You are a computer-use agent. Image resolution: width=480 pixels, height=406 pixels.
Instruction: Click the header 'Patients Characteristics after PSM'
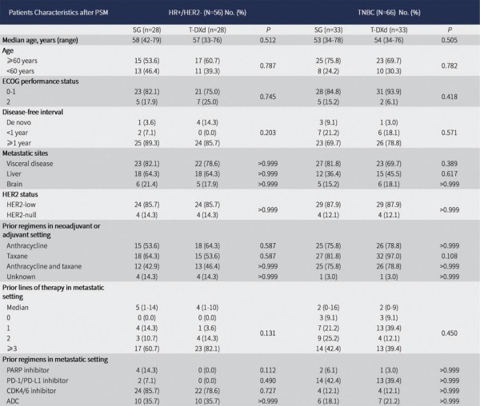(58, 13)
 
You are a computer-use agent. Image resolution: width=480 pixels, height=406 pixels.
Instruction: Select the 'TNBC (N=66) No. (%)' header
(389, 13)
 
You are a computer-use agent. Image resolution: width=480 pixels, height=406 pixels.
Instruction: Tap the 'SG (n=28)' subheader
(146, 30)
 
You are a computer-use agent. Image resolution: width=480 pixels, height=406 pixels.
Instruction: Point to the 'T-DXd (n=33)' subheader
(389, 30)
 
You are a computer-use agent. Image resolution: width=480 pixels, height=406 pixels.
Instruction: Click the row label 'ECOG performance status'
(41, 82)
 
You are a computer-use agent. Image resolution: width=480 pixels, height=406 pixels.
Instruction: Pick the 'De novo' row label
(18, 122)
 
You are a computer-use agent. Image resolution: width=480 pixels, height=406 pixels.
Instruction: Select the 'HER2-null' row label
(21, 215)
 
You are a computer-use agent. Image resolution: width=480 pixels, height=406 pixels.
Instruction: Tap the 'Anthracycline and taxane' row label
(44, 266)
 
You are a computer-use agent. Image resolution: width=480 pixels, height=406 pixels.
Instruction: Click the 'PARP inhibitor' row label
(28, 370)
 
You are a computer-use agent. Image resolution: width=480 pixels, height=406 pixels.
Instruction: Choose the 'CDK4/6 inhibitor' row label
(31, 391)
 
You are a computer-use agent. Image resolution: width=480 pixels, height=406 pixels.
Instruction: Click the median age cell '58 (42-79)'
(146, 40)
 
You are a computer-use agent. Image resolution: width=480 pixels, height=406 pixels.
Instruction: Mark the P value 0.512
(268, 40)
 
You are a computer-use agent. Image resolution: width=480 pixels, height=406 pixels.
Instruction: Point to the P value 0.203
(268, 133)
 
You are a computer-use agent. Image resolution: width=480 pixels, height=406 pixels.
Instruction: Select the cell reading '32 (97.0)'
(389, 257)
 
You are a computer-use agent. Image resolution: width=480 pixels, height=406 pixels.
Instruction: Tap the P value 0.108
(450, 257)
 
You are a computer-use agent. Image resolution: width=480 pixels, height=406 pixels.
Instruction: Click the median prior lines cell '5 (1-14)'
(146, 308)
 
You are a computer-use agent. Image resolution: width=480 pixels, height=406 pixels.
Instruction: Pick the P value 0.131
(268, 333)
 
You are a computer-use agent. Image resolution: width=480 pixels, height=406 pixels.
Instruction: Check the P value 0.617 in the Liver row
(450, 173)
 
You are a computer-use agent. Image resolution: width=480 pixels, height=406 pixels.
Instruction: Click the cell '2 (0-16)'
(328, 308)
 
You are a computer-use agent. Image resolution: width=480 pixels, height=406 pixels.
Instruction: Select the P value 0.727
(268, 391)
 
